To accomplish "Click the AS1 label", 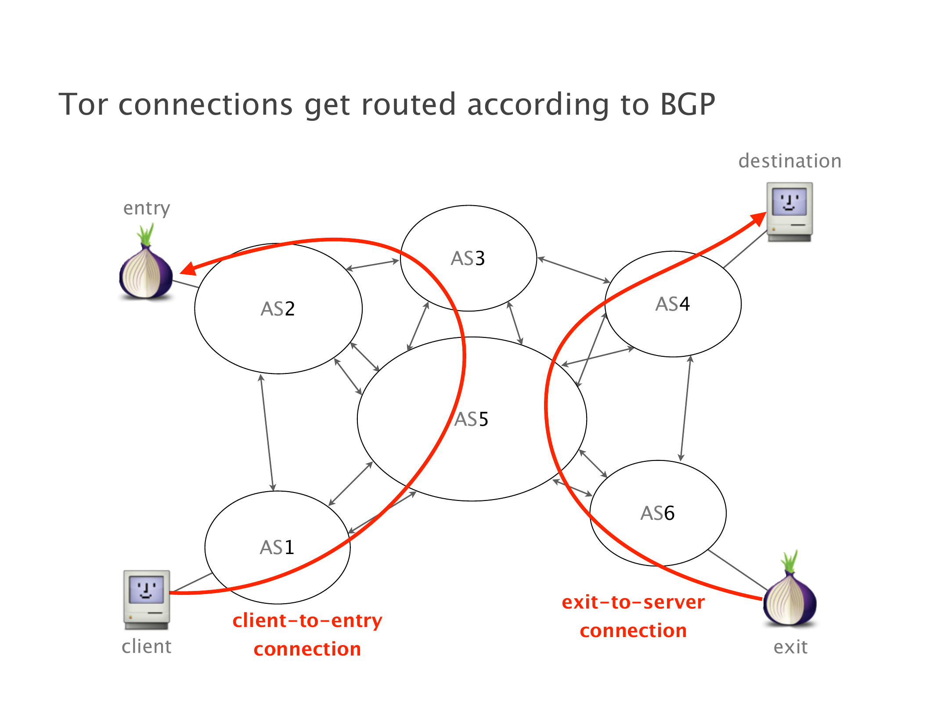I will [277, 547].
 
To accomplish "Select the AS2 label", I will [278, 309].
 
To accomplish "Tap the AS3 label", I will [468, 258].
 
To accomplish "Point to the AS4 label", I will [673, 304].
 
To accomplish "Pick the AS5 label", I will [471, 419].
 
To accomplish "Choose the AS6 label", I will [658, 513].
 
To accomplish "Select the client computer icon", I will [147, 599].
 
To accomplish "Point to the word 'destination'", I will [790, 161].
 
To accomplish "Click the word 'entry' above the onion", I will [147, 208].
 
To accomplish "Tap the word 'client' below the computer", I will [147, 647].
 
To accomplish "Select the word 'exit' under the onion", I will [790, 647].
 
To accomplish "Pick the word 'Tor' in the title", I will [83, 105].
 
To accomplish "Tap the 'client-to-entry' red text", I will [307, 621].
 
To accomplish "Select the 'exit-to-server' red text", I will [633, 602].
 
